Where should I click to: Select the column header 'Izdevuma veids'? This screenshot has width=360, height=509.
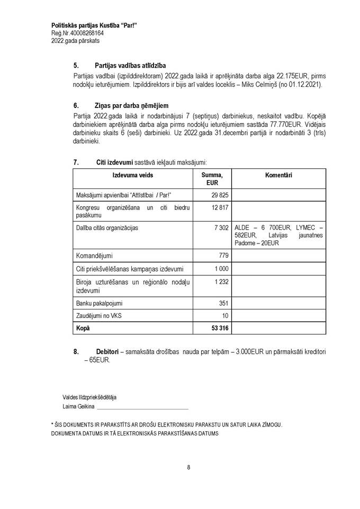tap(132, 175)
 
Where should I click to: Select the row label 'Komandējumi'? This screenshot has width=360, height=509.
tap(94, 255)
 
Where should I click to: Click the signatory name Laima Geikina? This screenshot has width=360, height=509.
tap(78, 406)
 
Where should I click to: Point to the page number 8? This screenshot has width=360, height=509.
tap(188, 467)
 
